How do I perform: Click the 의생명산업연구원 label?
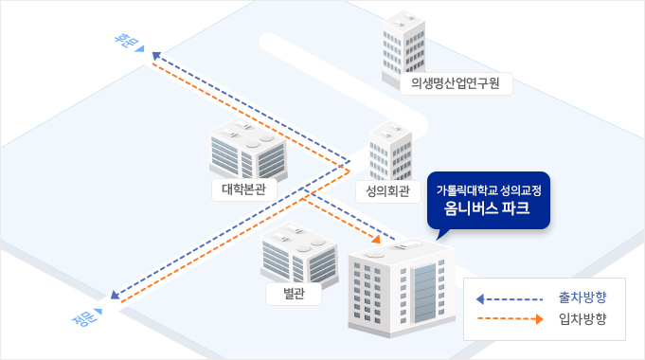tap(456, 83)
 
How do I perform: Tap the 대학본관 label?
tap(243, 188)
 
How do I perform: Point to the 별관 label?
tap(293, 294)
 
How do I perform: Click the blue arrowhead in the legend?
tap(480, 299)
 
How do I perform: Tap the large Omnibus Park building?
tap(402, 284)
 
